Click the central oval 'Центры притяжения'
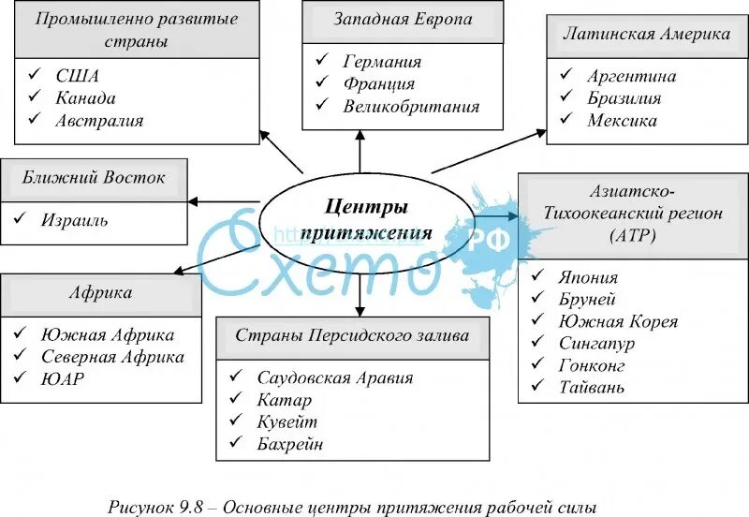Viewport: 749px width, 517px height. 358,220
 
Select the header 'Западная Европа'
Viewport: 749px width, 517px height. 390,20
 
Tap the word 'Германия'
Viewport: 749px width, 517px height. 382,62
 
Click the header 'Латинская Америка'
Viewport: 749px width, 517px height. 646,35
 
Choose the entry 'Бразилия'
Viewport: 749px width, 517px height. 624,98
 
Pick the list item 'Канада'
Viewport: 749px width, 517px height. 86,98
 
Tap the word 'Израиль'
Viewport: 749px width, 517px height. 74,221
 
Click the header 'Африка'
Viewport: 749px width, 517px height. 100,293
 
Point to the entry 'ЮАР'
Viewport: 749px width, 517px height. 64,379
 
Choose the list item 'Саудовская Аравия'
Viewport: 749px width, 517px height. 334,378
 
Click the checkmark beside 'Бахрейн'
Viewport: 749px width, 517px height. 237,444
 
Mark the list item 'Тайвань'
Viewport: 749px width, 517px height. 592,387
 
